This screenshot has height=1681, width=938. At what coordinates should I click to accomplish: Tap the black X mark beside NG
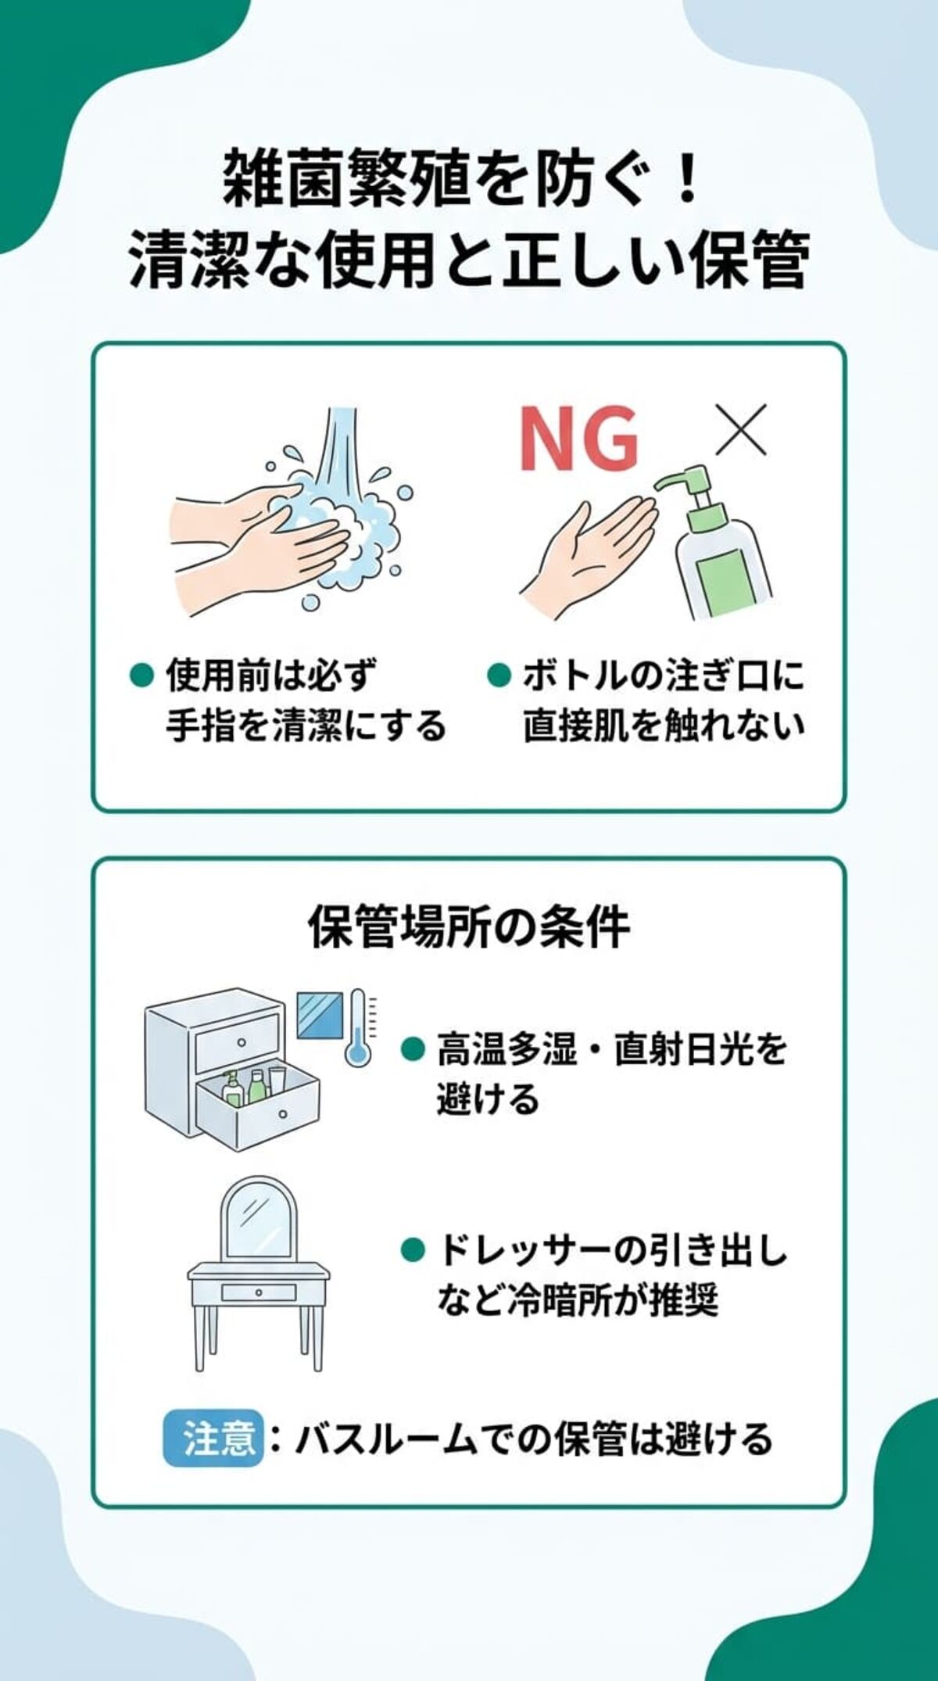[x=741, y=430]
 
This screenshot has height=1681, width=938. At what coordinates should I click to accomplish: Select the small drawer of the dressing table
[x=259, y=1292]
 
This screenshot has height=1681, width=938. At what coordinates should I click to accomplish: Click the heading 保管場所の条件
[x=469, y=928]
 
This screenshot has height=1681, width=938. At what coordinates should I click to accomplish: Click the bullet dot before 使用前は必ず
[x=140, y=675]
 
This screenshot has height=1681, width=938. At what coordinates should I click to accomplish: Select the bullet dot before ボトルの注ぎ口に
[x=498, y=675]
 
